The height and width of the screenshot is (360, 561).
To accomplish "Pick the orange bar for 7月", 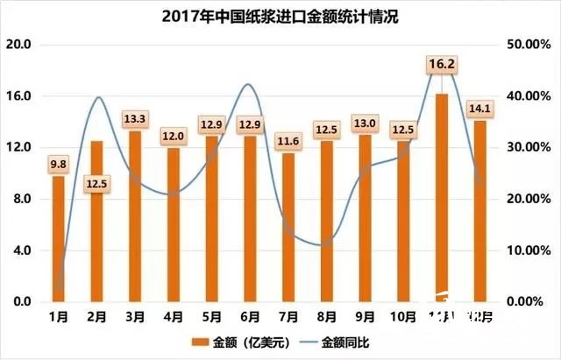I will (x=288, y=227).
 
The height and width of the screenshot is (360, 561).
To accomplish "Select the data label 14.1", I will (x=481, y=109).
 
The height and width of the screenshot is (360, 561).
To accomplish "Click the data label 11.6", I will (x=288, y=141).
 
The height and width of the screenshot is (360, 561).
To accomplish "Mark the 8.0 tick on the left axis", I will (x=21, y=199).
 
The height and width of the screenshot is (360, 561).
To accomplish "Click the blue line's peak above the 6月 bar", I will (x=249, y=85).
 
